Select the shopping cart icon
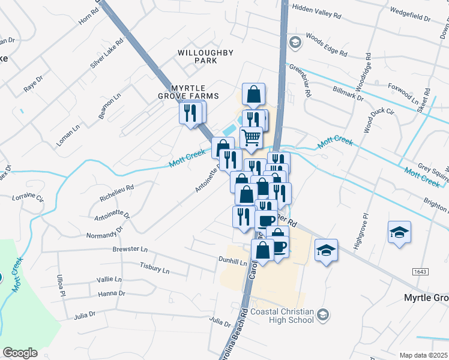(252, 137)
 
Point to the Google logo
(20, 352)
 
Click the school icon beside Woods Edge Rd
(294, 42)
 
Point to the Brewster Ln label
(130, 248)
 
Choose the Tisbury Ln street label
(154, 268)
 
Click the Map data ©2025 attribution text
(423, 355)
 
